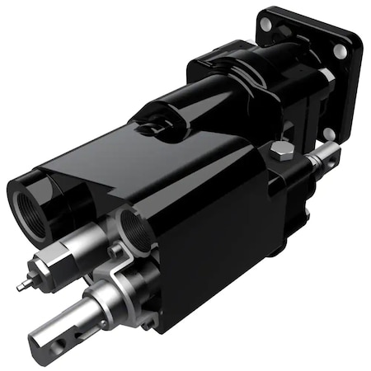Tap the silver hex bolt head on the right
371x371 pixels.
281,152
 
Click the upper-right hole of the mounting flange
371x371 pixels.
340,51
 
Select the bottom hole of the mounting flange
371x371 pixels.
329,132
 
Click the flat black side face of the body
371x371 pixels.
218,239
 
